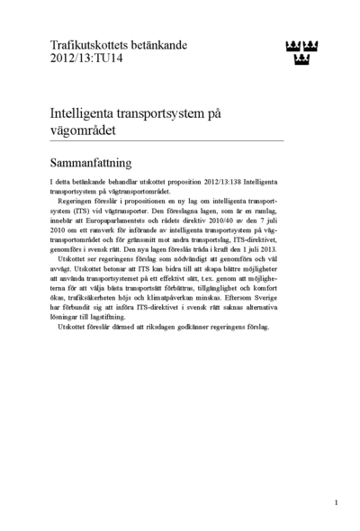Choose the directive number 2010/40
pos(217,222)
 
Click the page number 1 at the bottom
pos(336,502)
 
